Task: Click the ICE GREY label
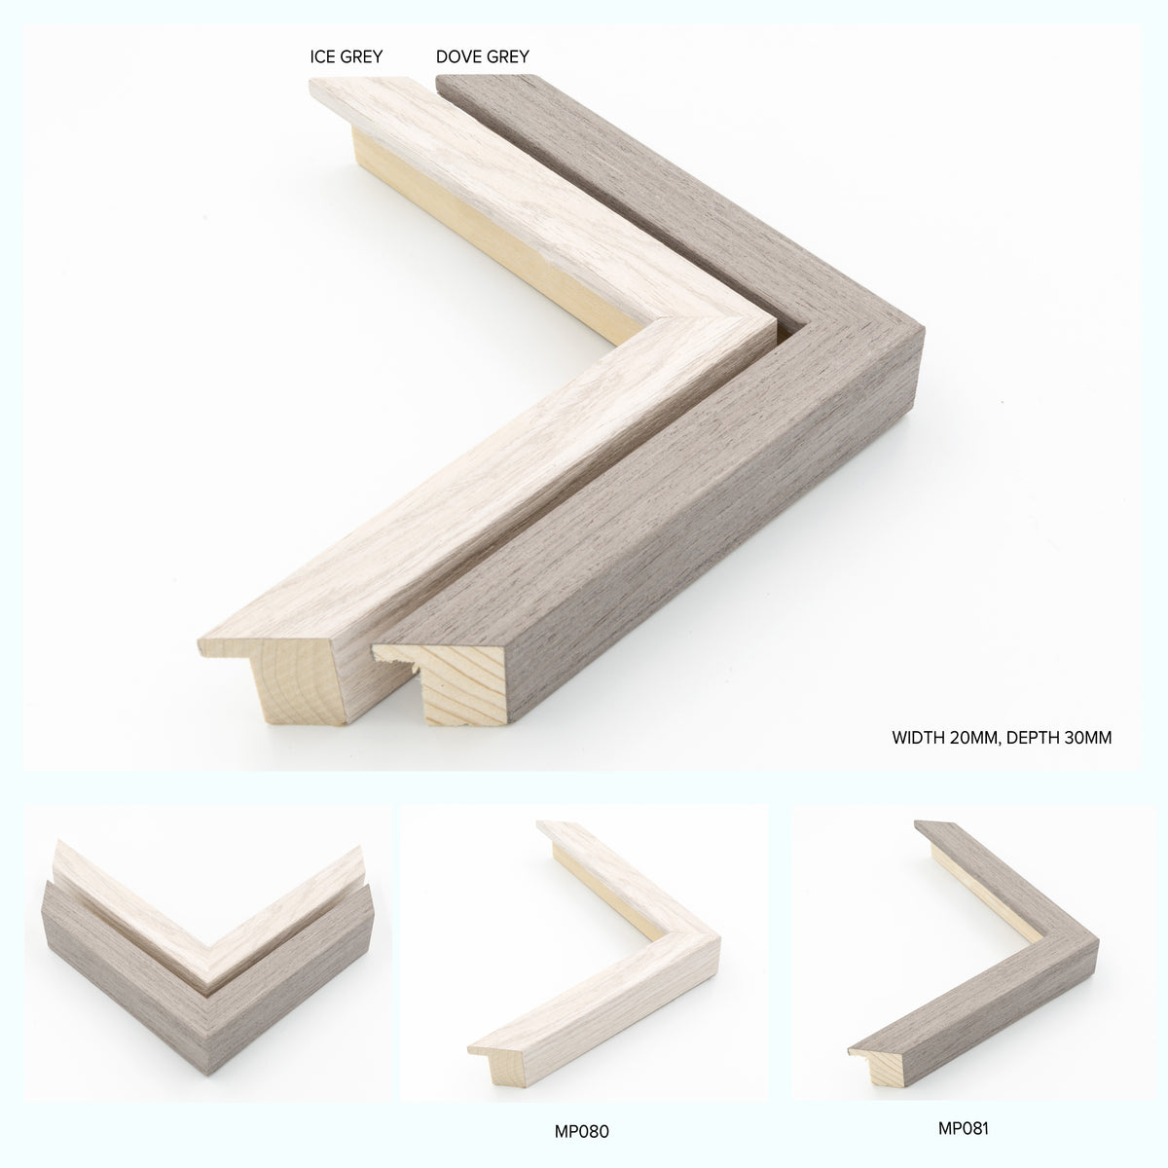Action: pyautogui.click(x=347, y=57)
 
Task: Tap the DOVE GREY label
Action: pyautogui.click(x=483, y=57)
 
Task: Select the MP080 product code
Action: pyautogui.click(x=581, y=1131)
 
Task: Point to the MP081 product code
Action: pyautogui.click(x=964, y=1128)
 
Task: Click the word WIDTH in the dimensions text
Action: pyautogui.click(x=918, y=738)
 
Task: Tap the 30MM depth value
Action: pyautogui.click(x=1085, y=738)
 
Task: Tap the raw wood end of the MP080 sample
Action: pyautogui.click(x=506, y=1065)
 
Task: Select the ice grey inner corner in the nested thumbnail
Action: pyautogui.click(x=208, y=967)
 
